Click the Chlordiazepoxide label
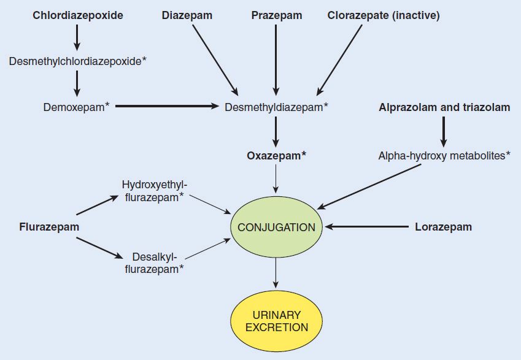coord(77,16)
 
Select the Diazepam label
coord(187,16)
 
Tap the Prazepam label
coord(277,16)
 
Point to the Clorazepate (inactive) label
coord(384,16)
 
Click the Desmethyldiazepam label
coord(277,107)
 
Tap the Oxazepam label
coord(277,156)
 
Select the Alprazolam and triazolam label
coord(444,107)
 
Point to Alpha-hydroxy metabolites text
coord(444,156)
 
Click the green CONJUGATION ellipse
coord(276,227)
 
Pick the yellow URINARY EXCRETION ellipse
coord(276,321)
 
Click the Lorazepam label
coord(444,227)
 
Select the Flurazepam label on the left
coord(49,227)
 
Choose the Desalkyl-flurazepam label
coord(154,262)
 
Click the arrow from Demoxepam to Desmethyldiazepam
coord(167,107)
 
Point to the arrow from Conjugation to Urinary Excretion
coord(276,271)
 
